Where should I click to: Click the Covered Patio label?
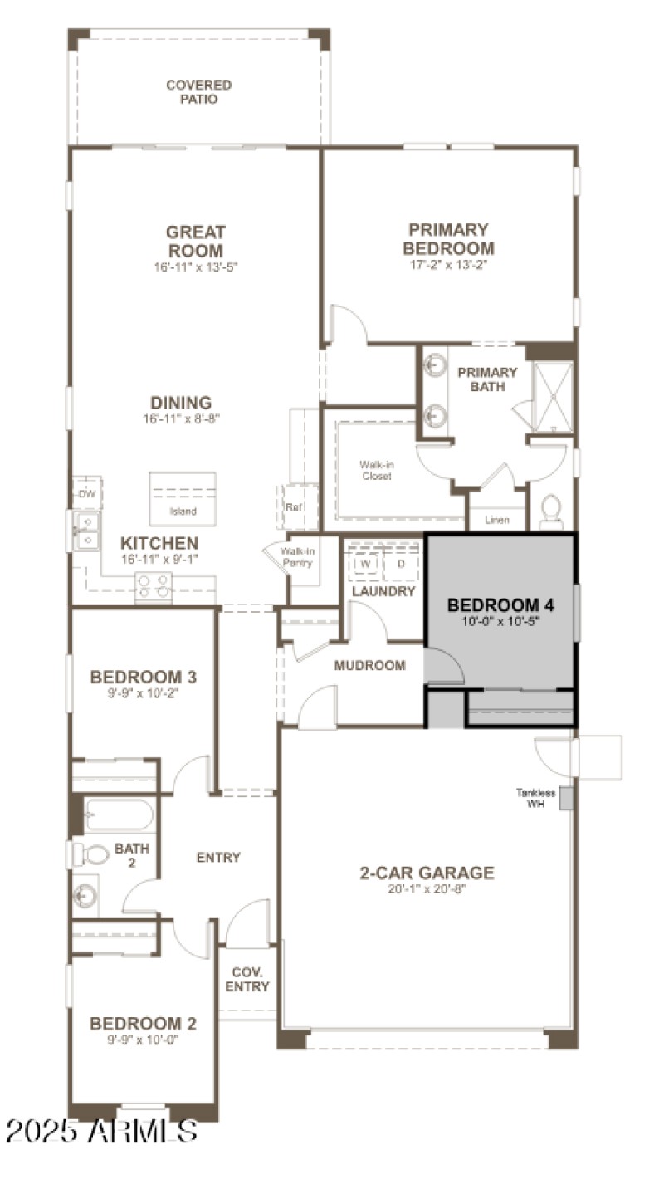[x=198, y=92]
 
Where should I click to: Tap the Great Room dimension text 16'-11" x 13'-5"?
[x=196, y=267]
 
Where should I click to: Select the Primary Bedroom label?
[x=448, y=239]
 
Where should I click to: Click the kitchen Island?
[x=183, y=498]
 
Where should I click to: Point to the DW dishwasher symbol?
[x=86, y=493]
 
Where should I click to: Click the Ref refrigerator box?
[x=295, y=506]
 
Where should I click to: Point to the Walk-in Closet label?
[x=375, y=471]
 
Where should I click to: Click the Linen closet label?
[x=496, y=521]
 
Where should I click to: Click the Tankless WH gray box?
[x=566, y=798]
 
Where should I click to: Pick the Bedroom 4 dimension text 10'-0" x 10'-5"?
[x=500, y=620]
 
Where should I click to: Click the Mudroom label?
[x=369, y=665]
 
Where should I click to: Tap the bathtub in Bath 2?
[x=119, y=815]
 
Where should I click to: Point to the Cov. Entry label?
[x=247, y=979]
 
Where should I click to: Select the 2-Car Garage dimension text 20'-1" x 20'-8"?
[x=427, y=889]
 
